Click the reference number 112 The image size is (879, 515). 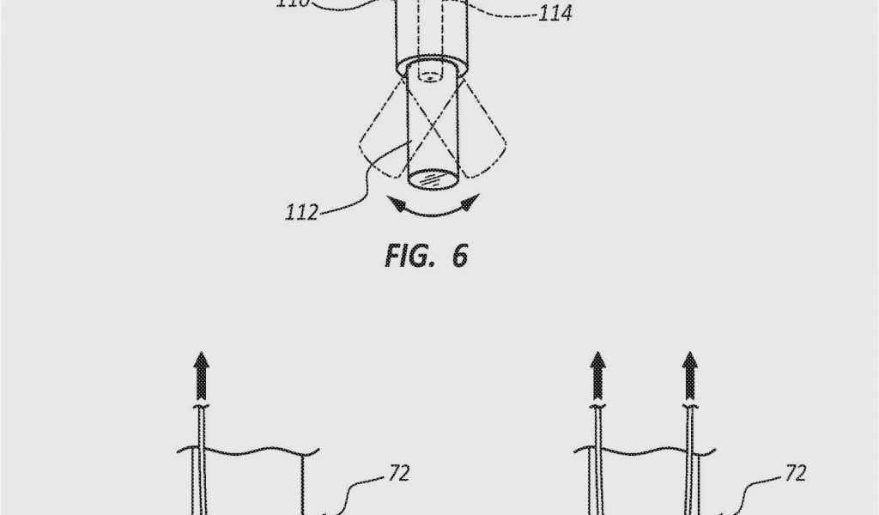click(x=301, y=211)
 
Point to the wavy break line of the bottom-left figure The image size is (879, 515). click(x=249, y=450)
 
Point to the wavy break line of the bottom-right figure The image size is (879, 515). click(x=652, y=450)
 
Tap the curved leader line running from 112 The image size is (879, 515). click(x=361, y=185)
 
